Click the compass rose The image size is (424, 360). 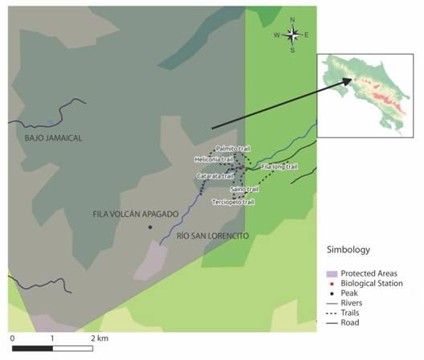(x=293, y=34)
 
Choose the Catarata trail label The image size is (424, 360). (x=214, y=175)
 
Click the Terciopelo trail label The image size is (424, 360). (x=233, y=202)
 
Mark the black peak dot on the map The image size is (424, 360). (x=150, y=227)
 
